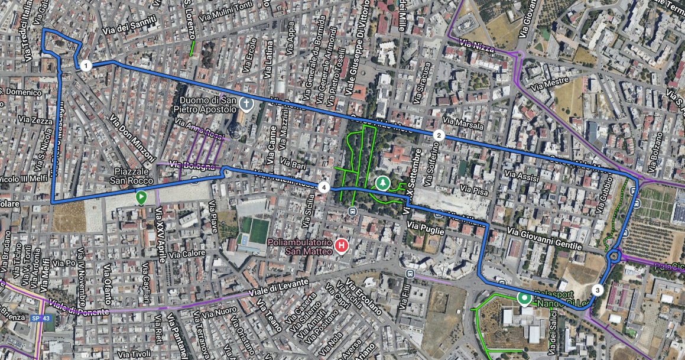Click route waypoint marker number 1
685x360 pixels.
(x=86, y=66)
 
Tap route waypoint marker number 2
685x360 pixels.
(x=439, y=135)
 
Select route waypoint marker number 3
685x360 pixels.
(x=597, y=290)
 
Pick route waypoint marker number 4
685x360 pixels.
(x=323, y=187)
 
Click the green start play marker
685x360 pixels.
(x=141, y=197)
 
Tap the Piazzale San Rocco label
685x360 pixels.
(x=134, y=176)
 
